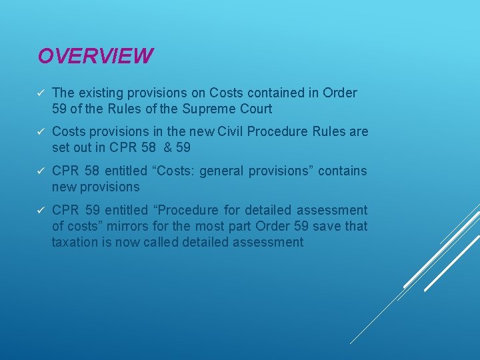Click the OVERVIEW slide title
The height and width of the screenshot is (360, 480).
(x=95, y=55)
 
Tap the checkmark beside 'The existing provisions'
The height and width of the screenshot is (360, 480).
(x=41, y=93)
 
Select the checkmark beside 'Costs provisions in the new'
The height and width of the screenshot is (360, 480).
(x=41, y=132)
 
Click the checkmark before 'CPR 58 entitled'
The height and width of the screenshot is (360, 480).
(x=41, y=171)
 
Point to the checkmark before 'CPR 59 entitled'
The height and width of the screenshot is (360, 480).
(x=41, y=211)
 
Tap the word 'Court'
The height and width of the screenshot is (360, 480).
(x=257, y=108)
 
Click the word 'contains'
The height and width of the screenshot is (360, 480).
(x=343, y=171)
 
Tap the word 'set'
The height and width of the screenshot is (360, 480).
(x=61, y=147)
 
